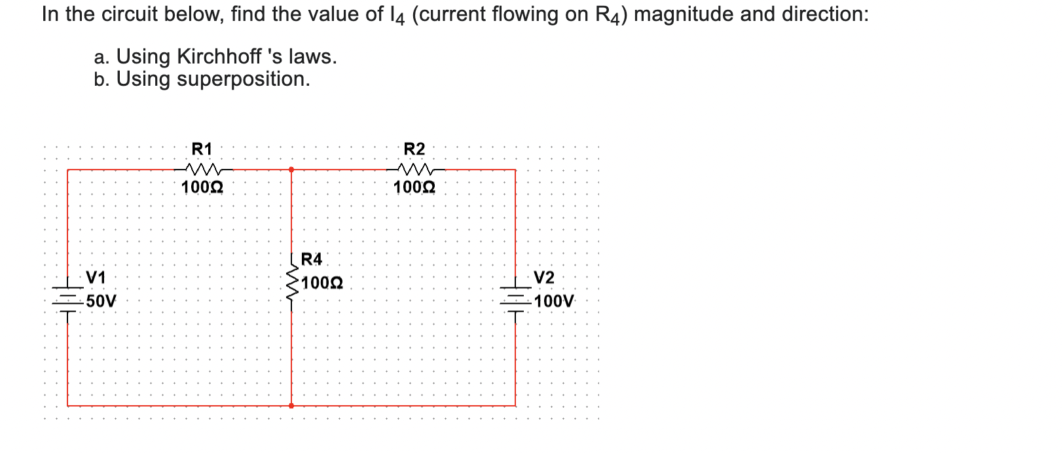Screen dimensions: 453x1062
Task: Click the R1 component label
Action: (x=202, y=149)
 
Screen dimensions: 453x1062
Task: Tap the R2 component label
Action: (x=414, y=149)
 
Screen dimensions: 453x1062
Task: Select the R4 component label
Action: (x=312, y=259)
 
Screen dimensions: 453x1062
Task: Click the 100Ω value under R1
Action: (x=202, y=188)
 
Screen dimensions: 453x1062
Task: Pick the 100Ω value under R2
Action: (x=414, y=188)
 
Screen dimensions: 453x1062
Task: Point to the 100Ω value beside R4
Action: (x=322, y=283)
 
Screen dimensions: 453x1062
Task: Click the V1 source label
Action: (x=96, y=278)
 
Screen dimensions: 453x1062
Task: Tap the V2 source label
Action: (x=544, y=278)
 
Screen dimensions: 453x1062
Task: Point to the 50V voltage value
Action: (x=101, y=302)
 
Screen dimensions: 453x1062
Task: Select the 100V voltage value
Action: (x=554, y=302)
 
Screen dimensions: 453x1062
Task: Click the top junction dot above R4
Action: (x=291, y=170)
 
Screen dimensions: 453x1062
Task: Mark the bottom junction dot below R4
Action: (x=291, y=406)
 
